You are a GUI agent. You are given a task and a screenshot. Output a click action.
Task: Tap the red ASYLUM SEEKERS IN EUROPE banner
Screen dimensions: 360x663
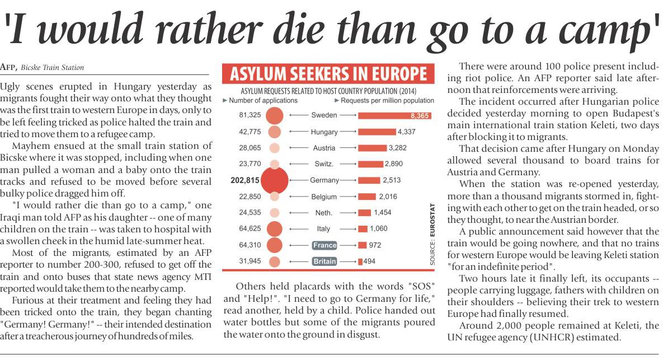tap(328, 74)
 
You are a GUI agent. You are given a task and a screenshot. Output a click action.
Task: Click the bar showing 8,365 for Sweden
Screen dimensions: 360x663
tap(394, 115)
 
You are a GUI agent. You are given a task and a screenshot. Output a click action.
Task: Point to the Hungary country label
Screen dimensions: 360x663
tap(324, 132)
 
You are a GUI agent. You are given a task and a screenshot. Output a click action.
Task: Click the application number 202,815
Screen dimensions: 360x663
tap(245, 180)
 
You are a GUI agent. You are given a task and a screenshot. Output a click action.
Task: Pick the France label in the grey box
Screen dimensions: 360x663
tap(325, 245)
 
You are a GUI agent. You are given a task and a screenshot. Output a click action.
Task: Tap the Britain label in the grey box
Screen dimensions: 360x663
tap(325, 261)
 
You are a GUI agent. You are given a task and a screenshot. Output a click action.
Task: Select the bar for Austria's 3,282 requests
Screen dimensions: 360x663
tap(372, 148)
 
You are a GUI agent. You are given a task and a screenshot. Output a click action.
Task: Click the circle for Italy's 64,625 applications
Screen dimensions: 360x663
tap(274, 229)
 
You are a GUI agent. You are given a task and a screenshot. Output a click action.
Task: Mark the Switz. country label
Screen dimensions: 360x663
tap(324, 164)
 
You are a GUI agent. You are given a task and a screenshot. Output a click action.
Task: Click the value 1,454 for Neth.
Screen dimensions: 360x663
tap(383, 213)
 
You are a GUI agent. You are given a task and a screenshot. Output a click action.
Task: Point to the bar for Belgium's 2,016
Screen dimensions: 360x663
tap(367, 197)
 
